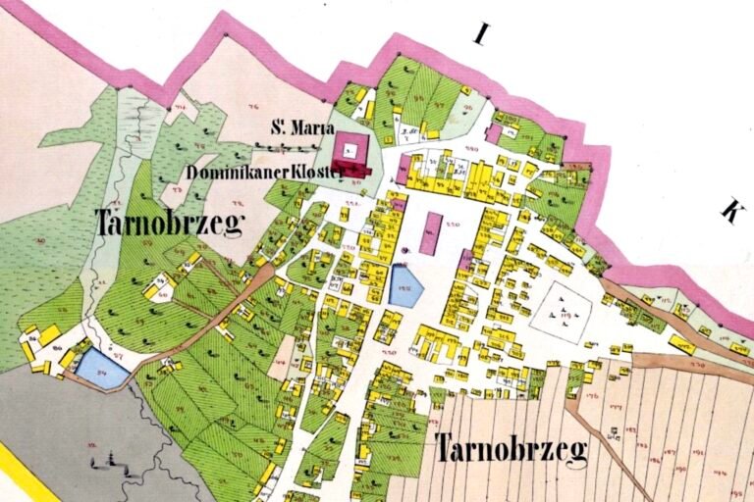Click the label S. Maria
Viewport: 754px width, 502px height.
click(303, 128)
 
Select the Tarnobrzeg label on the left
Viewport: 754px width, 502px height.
click(169, 224)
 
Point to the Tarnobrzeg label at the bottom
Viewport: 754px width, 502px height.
click(512, 450)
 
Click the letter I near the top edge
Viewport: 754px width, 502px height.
click(480, 36)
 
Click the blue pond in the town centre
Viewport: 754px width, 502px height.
click(404, 287)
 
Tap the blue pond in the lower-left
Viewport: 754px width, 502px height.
click(100, 368)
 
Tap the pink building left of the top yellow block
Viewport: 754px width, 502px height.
click(403, 169)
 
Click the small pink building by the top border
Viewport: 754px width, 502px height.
click(495, 132)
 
